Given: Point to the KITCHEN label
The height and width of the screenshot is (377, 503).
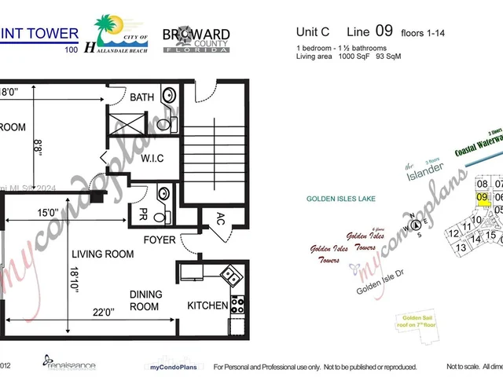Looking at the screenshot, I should pos(207,306).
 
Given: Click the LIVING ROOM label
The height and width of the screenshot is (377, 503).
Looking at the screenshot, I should pos(102,254).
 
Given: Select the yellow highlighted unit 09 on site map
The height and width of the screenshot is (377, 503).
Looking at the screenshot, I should pos(483,199).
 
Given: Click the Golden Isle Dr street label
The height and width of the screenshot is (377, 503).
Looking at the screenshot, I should pos(383,288).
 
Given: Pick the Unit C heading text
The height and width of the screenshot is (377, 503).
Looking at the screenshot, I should pos(312,32).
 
